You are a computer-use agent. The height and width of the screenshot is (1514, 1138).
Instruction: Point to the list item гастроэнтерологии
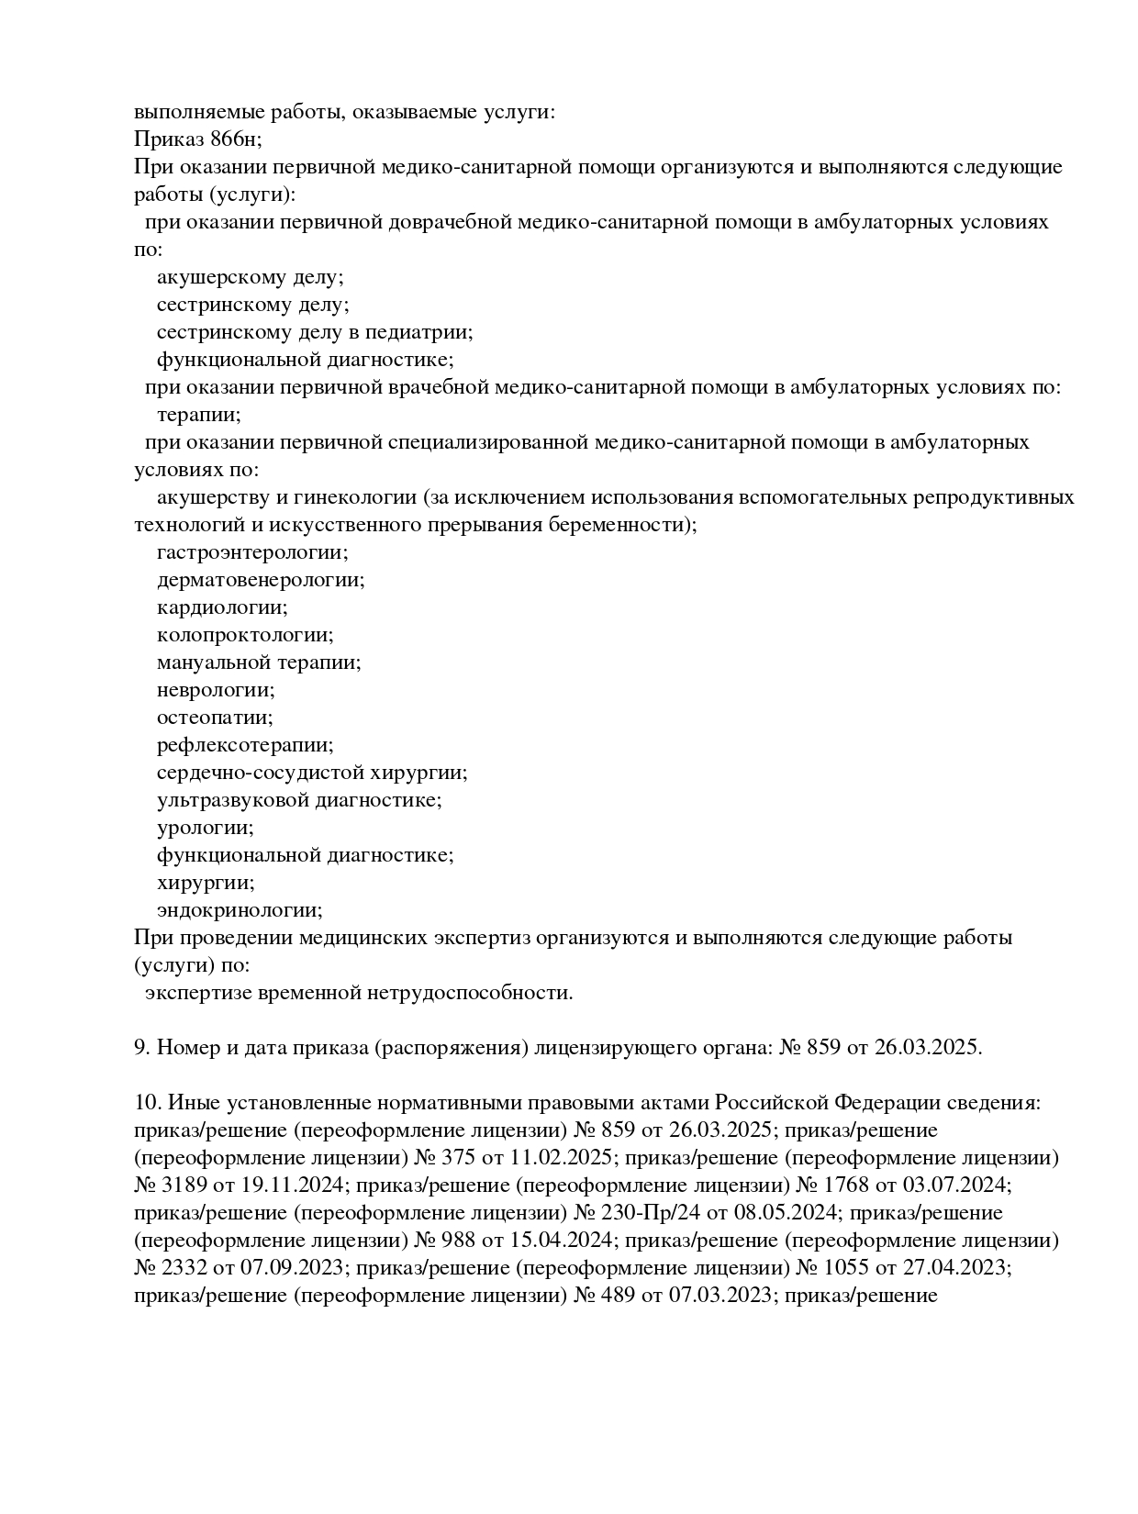click(x=252, y=552)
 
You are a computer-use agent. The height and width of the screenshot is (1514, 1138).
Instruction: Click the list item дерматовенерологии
click(x=261, y=580)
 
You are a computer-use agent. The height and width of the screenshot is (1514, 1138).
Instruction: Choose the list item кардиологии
click(x=222, y=607)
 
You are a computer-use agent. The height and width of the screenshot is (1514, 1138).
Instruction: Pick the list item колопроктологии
click(x=245, y=635)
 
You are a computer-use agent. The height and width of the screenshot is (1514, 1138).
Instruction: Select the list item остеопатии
click(x=215, y=718)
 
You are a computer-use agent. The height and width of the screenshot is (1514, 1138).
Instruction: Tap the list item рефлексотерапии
click(x=245, y=745)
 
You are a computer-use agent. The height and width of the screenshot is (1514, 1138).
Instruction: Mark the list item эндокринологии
click(x=240, y=910)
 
